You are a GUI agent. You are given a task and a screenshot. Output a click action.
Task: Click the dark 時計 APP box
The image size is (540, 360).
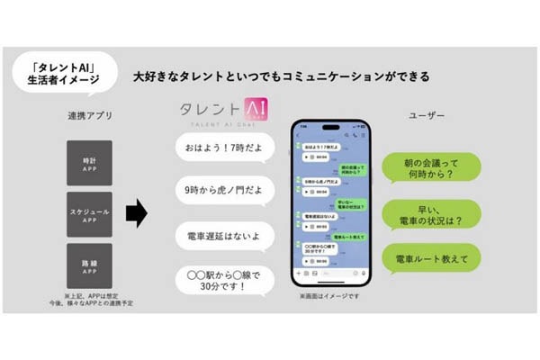coord(88,163)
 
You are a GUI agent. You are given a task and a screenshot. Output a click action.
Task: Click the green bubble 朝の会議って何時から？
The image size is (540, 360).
coord(430,167)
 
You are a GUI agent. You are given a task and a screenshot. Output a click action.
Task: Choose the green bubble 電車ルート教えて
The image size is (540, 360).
coord(430,259)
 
